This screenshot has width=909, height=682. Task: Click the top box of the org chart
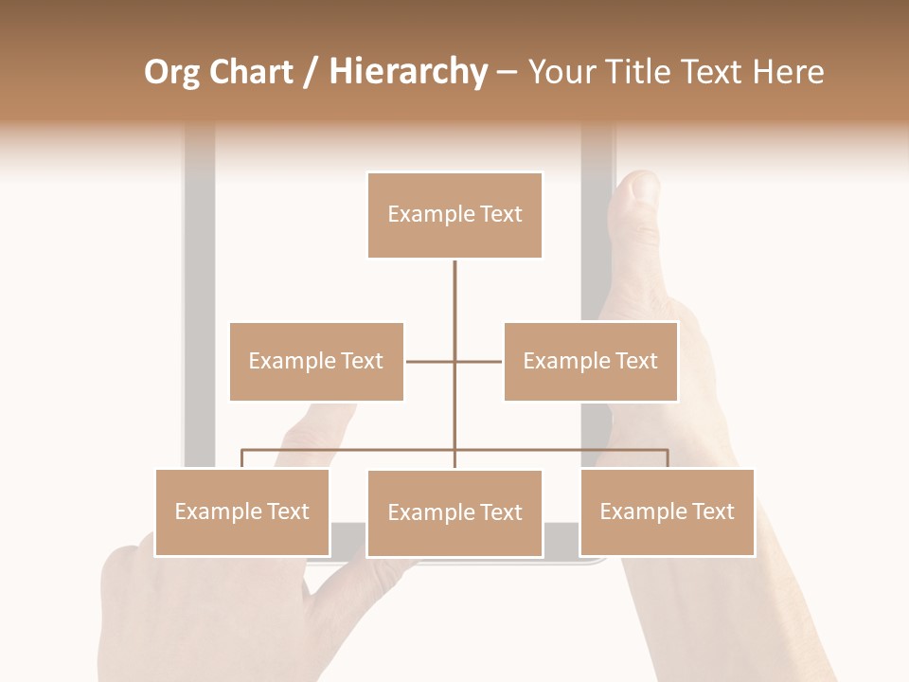pyautogui.click(x=454, y=215)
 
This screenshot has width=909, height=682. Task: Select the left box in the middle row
pyautogui.click(x=316, y=361)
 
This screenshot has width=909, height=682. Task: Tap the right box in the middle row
pyautogui.click(x=590, y=361)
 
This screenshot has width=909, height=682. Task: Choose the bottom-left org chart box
pyautogui.click(x=241, y=511)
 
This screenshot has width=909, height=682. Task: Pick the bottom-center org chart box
pyautogui.click(x=454, y=512)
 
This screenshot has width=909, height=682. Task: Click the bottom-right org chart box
pyautogui.click(x=667, y=511)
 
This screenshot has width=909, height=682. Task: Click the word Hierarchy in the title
pyautogui.click(x=408, y=72)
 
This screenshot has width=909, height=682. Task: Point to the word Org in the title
pyautogui.click(x=171, y=72)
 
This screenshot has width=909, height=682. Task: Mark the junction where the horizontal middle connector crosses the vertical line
pyautogui.click(x=454, y=361)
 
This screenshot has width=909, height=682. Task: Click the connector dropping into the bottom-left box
pyautogui.click(x=241, y=459)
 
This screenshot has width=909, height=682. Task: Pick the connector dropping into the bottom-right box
pyautogui.click(x=668, y=459)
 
